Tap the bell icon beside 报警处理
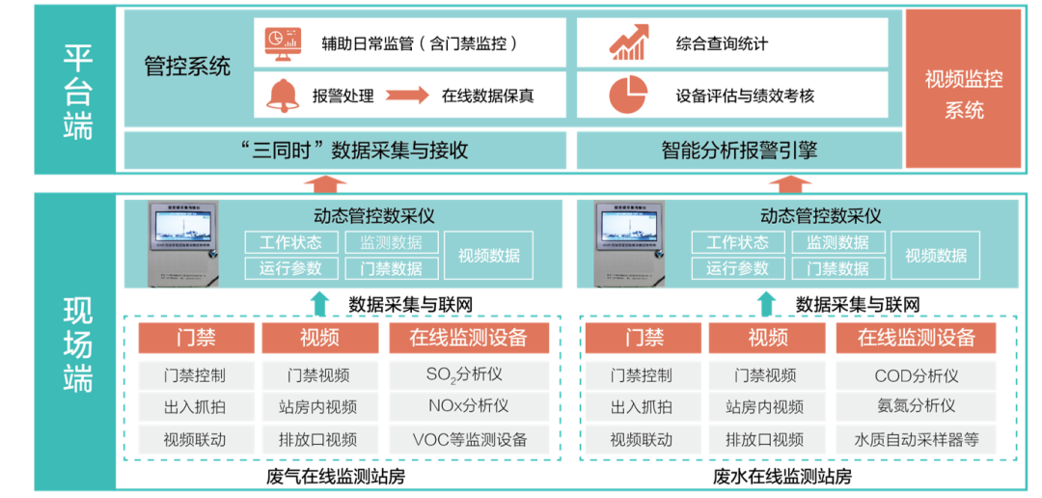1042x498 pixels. tap(283, 95)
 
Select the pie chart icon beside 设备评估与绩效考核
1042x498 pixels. tap(627, 95)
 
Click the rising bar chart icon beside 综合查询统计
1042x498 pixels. tap(627, 43)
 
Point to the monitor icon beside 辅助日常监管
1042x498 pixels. tap(283, 42)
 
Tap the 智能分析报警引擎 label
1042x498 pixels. tap(739, 151)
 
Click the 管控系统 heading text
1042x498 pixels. tap(187, 67)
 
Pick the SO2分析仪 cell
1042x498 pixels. tap(468, 374)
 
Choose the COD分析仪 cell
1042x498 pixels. tap(917, 374)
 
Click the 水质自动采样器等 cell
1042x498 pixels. tap(917, 439)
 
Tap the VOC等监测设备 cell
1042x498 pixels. tap(468, 439)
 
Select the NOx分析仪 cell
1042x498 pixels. tap(468, 406)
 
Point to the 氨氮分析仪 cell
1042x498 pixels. tap(917, 406)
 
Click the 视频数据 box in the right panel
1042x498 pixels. tap(935, 256)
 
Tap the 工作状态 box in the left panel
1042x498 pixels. tap(290, 242)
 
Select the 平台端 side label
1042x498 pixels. tap(77, 91)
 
